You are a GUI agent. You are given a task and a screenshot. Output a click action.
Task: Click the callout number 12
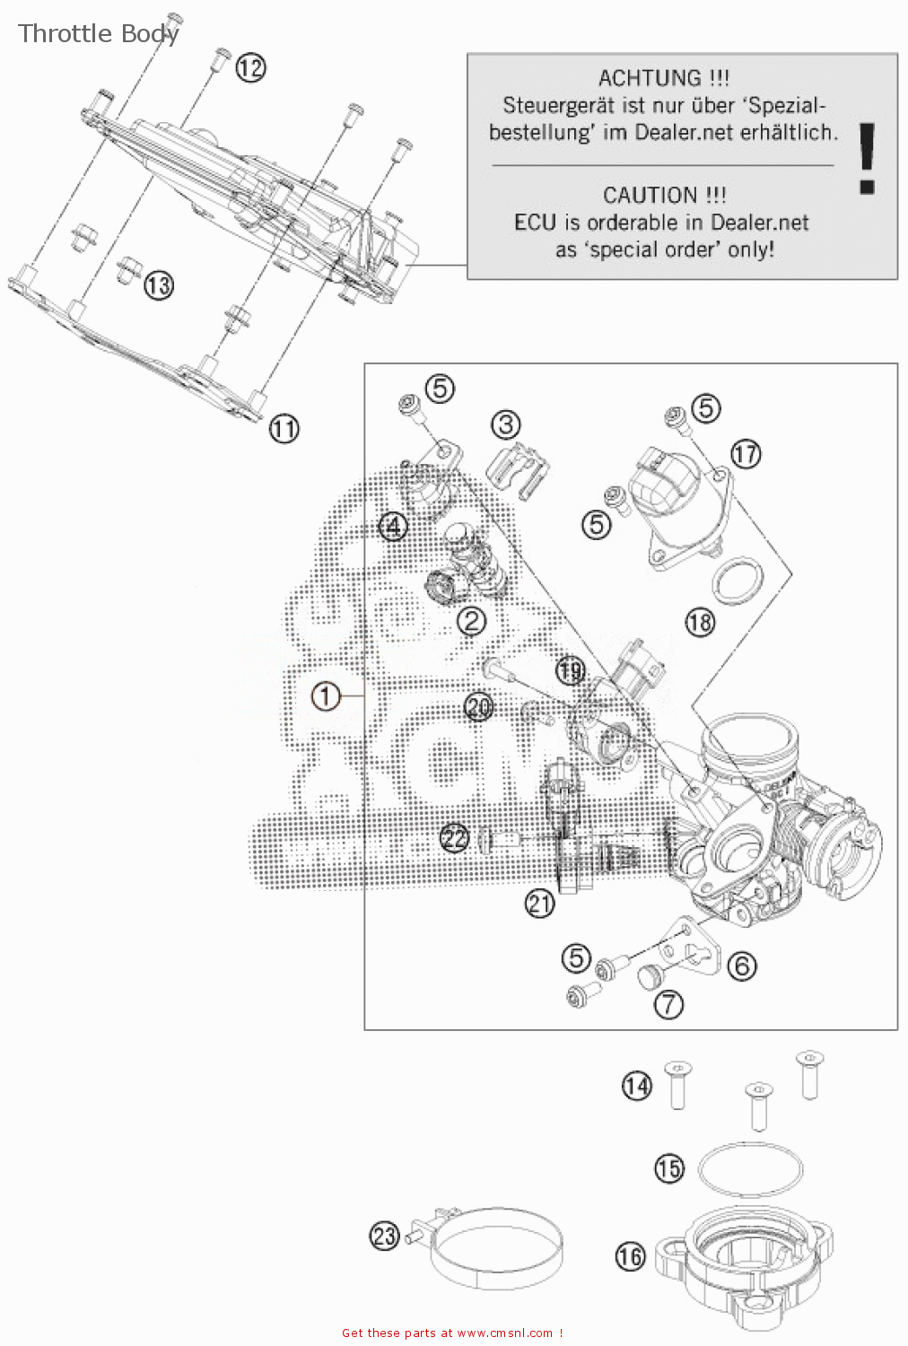pos(251,67)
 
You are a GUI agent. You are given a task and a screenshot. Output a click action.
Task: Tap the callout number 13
pos(158,285)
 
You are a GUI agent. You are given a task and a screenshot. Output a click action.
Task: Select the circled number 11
pos(284,428)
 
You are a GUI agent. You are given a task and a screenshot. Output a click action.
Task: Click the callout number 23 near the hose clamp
pos(384,1236)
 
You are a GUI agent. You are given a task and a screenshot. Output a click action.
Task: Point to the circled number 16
pos(630,1256)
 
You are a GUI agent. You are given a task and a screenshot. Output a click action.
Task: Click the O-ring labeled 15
pos(750,1169)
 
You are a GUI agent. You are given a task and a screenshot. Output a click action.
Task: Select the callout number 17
pos(745,453)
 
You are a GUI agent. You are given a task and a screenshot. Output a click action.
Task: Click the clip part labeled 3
pos(519,468)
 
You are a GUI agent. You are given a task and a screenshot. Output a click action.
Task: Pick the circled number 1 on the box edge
pos(326,695)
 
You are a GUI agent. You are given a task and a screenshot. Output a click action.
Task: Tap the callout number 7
pos(668,1003)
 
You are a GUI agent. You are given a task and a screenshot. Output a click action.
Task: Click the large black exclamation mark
pos(867,159)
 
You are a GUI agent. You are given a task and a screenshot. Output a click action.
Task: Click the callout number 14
pos(636,1086)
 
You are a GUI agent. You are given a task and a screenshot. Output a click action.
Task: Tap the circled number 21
pos(539,903)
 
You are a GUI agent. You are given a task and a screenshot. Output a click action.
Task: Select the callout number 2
pos(472,620)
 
